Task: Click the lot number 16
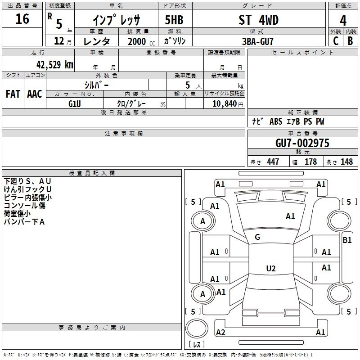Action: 22,20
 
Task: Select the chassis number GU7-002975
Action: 302,143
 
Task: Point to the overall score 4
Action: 343,21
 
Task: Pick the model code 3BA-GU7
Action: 258,41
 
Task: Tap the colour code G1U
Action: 75,103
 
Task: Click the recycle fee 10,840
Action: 224,103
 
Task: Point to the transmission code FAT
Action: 13,94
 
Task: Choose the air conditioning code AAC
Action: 35,94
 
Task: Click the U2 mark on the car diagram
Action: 270,269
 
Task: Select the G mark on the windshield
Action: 257,237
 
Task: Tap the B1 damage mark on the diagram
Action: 347,240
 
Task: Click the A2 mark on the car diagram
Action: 220,332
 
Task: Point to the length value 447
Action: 273,162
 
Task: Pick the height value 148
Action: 346,162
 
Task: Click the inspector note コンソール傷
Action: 24,205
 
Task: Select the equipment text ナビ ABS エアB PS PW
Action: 288,121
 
